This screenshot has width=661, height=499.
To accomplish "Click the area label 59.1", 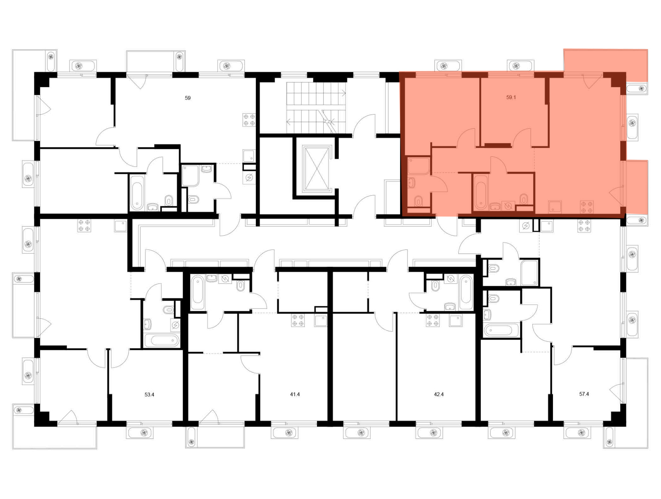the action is click(x=511, y=97).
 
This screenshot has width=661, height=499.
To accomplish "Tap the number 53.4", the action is click(x=149, y=394).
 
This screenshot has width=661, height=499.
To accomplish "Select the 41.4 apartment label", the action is click(x=295, y=394).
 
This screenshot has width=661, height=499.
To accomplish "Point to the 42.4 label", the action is click(x=439, y=394).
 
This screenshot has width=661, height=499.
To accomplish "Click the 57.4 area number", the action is click(x=584, y=394).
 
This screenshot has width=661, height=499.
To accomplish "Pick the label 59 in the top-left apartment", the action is click(x=188, y=98).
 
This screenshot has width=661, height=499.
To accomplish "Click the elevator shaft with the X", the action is click(x=317, y=169).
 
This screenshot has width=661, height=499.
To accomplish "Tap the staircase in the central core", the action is click(x=316, y=108).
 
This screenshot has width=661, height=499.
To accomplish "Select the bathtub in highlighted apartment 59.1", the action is click(x=481, y=192).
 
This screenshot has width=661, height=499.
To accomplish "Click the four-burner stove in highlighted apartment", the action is click(x=587, y=207).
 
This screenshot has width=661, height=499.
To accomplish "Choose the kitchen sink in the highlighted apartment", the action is click(x=555, y=207).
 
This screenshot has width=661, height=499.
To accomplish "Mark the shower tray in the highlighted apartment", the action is click(x=419, y=166).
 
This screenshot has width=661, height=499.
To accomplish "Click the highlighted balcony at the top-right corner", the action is click(x=605, y=66).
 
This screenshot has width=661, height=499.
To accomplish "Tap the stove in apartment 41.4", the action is click(x=298, y=320).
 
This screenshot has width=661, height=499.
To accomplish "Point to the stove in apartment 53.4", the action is click(x=84, y=225).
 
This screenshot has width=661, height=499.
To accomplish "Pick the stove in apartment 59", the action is click(x=249, y=120).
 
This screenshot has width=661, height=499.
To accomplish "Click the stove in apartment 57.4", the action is click(x=584, y=226).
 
